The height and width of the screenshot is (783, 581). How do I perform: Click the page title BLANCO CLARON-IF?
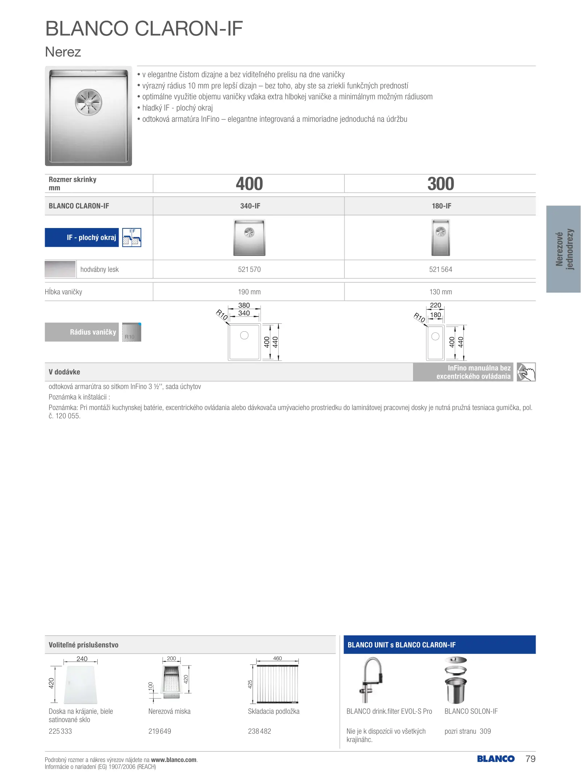click(x=144, y=28)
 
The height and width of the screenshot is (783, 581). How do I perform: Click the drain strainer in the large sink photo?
click(x=89, y=102)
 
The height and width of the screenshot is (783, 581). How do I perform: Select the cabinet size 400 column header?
click(x=249, y=184)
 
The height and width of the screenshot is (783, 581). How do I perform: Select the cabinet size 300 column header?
click(x=441, y=184)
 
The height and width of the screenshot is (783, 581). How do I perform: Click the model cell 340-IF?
click(x=250, y=206)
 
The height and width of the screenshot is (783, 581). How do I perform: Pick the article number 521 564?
click(x=441, y=269)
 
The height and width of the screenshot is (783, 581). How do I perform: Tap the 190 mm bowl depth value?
click(x=249, y=292)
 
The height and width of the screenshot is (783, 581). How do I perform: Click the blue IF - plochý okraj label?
click(x=82, y=237)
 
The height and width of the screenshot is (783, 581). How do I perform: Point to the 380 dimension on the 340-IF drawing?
click(x=244, y=305)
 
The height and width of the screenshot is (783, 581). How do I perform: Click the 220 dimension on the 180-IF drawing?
click(x=435, y=305)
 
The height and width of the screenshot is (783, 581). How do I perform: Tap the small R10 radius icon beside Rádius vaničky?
click(x=131, y=332)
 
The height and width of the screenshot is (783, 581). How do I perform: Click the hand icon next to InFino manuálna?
click(x=526, y=372)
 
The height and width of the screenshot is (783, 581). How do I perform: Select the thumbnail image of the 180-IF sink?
click(x=441, y=237)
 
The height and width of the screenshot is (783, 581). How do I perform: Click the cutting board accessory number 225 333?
click(x=60, y=731)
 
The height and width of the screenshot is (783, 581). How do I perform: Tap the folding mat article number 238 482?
click(x=259, y=731)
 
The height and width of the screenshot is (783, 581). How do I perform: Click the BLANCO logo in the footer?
click(x=496, y=759)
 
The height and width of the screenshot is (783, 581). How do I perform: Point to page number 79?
click(x=530, y=759)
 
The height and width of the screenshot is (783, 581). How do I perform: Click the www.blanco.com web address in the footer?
click(x=174, y=760)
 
